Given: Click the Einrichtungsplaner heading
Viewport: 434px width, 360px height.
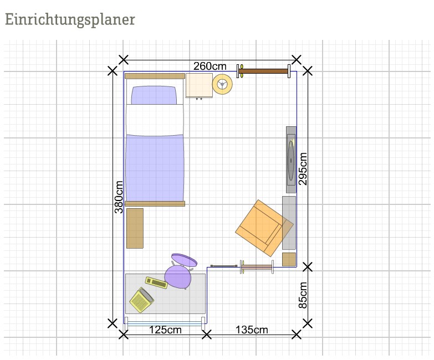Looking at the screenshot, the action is tap(70, 20).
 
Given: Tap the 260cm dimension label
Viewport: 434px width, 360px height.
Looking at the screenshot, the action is tap(210, 66).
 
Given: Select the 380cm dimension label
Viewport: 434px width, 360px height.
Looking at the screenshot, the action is tap(119, 197).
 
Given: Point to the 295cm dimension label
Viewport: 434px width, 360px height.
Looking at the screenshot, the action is tap(303, 169).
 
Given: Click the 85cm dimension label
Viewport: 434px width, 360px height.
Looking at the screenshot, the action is tap(303, 295).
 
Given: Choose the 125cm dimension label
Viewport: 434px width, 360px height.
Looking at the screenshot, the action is tap(165, 330).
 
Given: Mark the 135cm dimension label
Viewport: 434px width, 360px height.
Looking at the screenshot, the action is tap(252, 330).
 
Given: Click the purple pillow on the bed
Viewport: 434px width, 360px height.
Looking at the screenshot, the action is tap(154, 95).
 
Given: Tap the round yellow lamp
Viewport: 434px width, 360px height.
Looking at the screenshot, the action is tap(222, 84).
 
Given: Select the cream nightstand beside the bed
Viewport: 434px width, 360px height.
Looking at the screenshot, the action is tap(199, 85).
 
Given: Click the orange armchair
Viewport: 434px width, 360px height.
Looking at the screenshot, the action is tap(262, 228).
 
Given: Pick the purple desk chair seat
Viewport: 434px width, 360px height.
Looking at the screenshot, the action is tap(178, 277).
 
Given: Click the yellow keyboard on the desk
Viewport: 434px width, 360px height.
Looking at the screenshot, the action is tap(156, 282).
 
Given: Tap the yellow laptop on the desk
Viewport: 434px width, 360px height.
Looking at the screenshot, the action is tap(142, 300).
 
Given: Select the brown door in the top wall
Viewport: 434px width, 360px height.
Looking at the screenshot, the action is tap(263, 71).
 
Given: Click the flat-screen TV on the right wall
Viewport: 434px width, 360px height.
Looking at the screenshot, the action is tap(291, 160).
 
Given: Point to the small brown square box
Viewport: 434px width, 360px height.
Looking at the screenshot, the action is tap(289, 259).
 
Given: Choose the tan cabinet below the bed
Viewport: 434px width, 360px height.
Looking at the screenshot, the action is tap(135, 228).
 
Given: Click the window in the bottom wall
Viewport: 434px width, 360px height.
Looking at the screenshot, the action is tap(165, 323).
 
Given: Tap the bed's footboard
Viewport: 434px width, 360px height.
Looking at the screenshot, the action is tap(155, 204).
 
